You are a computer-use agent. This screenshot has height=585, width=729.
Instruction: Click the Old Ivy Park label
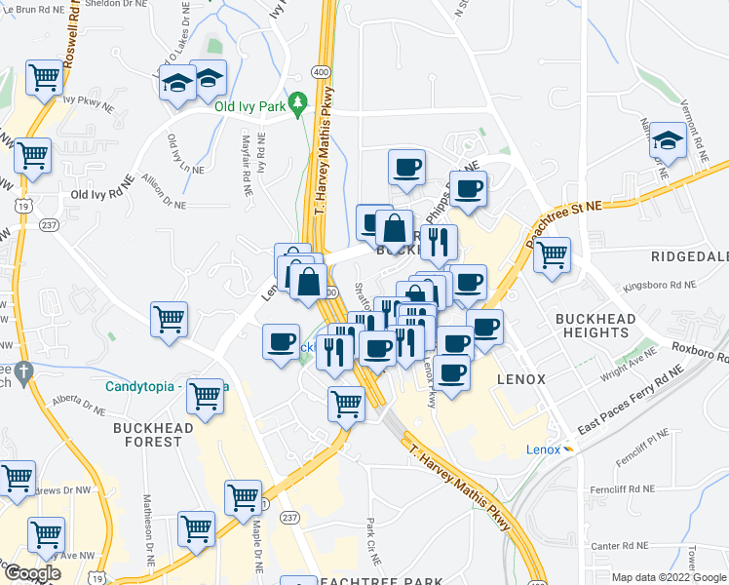[x=250, y=106]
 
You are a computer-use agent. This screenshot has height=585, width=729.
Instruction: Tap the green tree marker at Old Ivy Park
[x=300, y=102]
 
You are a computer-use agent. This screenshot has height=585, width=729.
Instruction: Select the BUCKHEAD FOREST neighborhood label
[x=147, y=434]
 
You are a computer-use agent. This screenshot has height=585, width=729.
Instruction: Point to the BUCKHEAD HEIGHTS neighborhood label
[x=595, y=326]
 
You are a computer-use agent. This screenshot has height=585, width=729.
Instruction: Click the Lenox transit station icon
[x=571, y=449]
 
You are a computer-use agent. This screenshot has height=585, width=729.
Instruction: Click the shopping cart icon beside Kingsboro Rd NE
[x=553, y=255]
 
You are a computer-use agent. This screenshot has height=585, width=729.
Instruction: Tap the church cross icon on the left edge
[x=23, y=371]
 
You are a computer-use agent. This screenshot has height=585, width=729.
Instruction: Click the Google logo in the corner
[x=31, y=573]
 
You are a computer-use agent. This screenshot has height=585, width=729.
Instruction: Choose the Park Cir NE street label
[x=371, y=534]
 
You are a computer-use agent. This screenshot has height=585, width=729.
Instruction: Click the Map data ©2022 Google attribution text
[x=668, y=577]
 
